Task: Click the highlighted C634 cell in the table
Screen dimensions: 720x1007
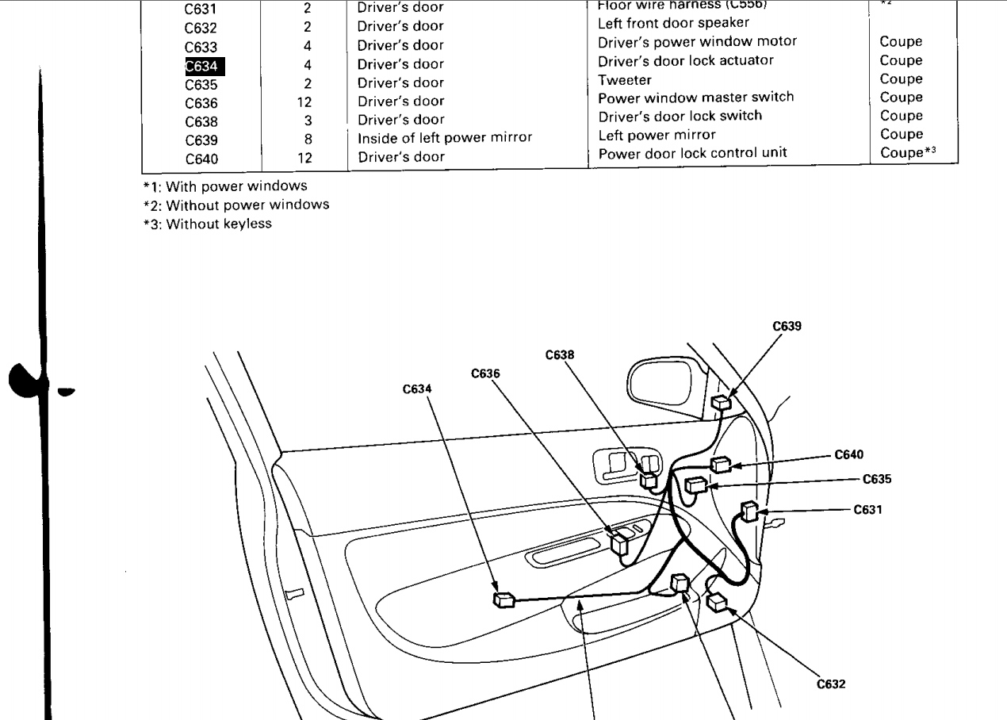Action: [201, 65]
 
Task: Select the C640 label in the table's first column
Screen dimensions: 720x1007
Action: [201, 158]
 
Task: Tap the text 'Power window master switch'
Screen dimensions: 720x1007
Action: [695, 98]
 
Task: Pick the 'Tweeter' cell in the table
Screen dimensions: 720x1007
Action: [624, 79]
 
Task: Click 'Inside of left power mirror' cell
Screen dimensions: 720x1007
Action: [444, 138]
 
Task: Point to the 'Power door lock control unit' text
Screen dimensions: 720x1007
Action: [692, 153]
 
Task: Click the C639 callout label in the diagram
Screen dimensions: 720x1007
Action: [786, 325]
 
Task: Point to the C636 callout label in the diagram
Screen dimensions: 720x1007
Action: [485, 373]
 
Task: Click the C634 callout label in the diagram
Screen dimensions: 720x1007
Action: [417, 389]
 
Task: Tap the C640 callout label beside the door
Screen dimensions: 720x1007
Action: [849, 454]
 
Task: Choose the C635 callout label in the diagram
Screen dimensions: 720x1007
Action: [877, 479]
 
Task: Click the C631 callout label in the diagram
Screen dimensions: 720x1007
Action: [867, 510]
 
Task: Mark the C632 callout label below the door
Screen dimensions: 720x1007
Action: [831, 684]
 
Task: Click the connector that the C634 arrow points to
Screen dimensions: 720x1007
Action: [503, 600]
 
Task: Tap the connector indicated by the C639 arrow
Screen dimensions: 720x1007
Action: [721, 402]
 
